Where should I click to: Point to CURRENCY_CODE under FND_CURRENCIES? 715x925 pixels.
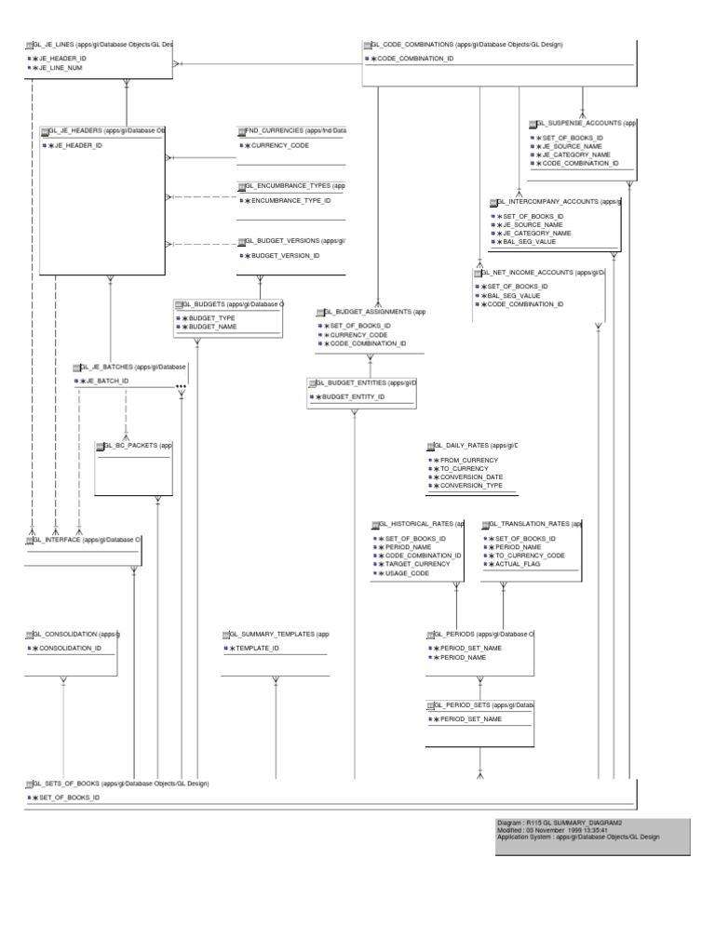(280, 147)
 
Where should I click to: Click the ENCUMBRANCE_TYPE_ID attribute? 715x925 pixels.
(291, 201)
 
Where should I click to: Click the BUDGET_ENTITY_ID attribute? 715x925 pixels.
(353, 397)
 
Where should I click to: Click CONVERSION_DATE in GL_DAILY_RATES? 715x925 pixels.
(470, 477)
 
